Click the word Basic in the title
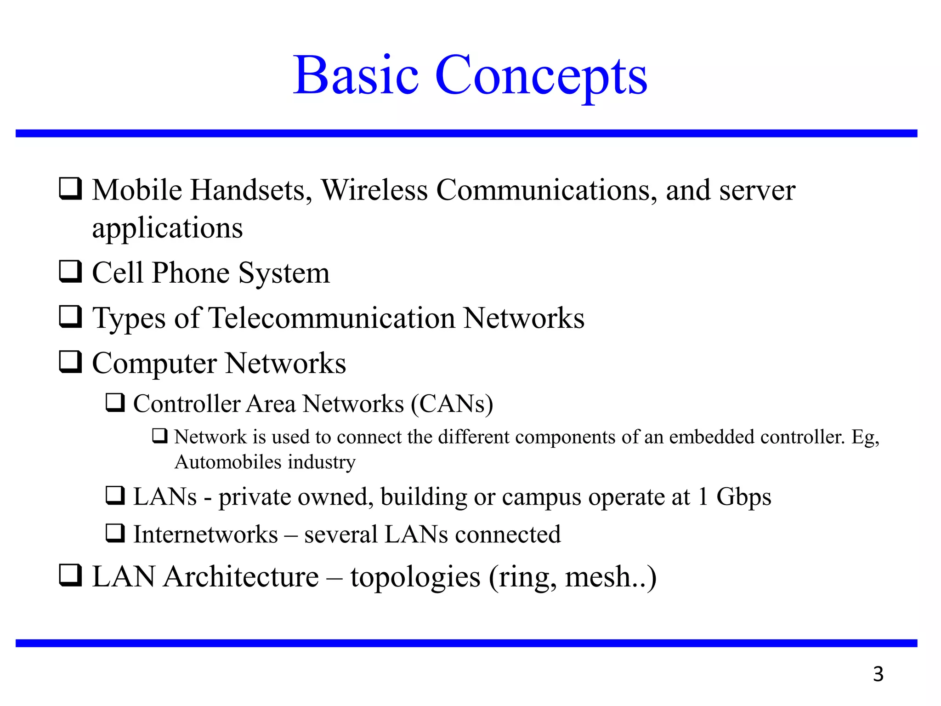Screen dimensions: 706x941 pyautogui.click(x=356, y=76)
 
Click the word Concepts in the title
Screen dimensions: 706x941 pyautogui.click(x=541, y=76)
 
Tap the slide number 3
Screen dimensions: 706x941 pyautogui.click(x=878, y=674)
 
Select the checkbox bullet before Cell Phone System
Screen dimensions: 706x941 pyautogui.click(x=70, y=272)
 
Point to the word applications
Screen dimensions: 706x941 pyautogui.click(x=167, y=228)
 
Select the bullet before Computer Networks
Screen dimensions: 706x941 pyautogui.click(x=70, y=362)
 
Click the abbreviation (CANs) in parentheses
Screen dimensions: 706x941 pyautogui.click(x=452, y=404)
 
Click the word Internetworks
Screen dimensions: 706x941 pyautogui.click(x=205, y=535)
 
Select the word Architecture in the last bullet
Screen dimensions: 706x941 pyautogui.click(x=241, y=577)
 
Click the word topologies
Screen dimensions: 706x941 pyautogui.click(x=415, y=578)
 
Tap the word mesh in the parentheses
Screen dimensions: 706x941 pyautogui.click(x=597, y=578)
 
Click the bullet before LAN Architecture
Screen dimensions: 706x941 pyautogui.click(x=70, y=575)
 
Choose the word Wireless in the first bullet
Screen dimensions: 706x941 pyautogui.click(x=374, y=190)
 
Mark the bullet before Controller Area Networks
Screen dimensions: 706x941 pyautogui.click(x=115, y=403)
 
